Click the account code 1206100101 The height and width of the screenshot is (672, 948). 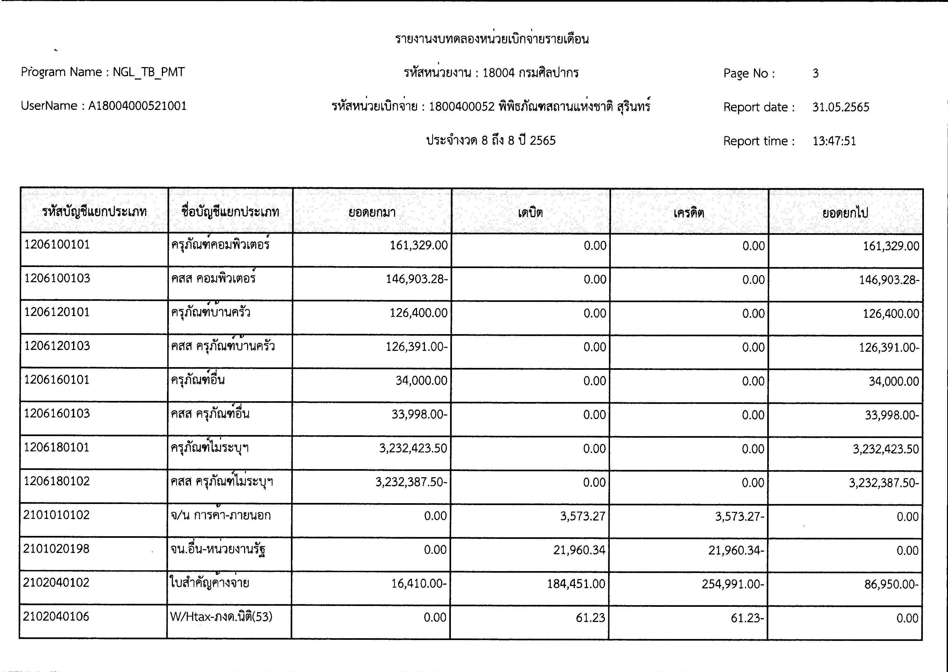click(57, 245)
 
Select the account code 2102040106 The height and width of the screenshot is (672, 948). click(56, 617)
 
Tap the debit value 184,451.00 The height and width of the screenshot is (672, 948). click(576, 584)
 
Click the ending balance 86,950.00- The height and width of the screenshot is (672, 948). click(891, 584)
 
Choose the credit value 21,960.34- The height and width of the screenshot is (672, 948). click(736, 550)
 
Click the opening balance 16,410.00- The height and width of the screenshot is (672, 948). click(419, 584)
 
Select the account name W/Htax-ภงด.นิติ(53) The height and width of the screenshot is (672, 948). click(221, 617)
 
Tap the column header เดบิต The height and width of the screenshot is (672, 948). click(530, 213)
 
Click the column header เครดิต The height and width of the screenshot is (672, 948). click(688, 213)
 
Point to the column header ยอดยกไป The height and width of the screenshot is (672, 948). click(845, 213)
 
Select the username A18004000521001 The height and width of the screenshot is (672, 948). click(137, 106)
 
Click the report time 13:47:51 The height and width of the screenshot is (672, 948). click(834, 141)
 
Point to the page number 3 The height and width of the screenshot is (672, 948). click(815, 73)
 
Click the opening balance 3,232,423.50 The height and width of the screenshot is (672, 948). click(413, 449)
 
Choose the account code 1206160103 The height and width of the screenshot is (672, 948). click(57, 413)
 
